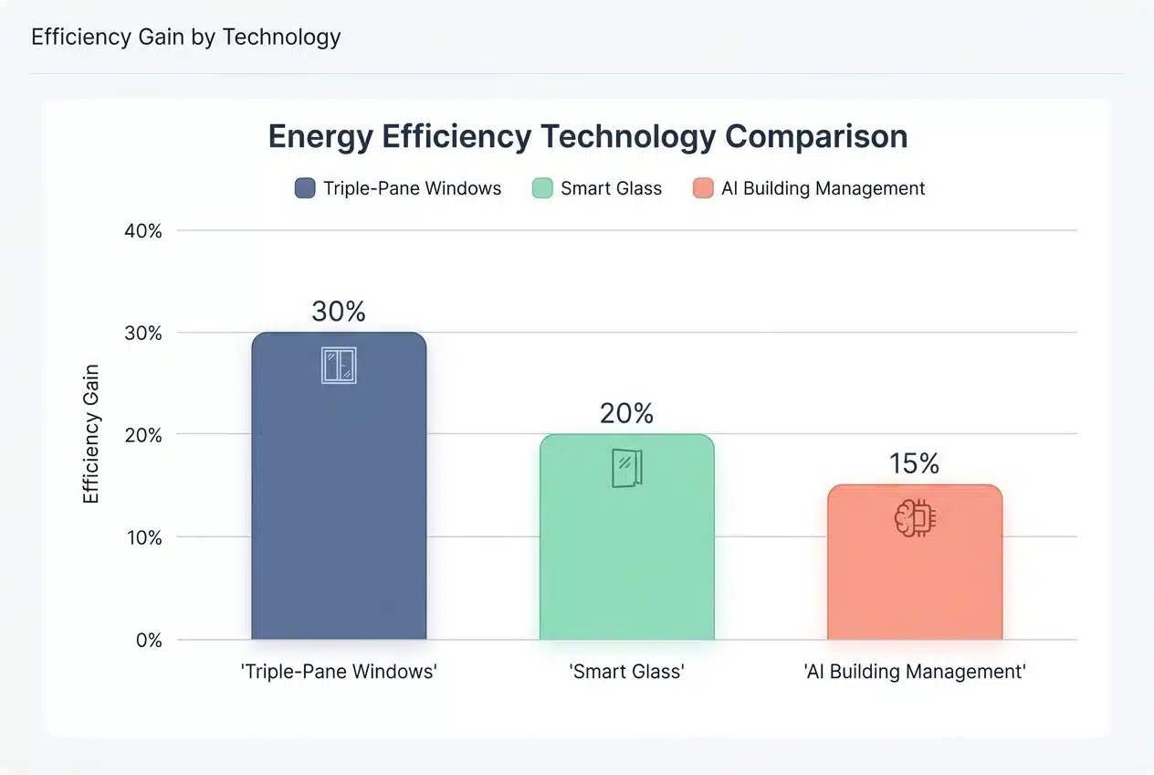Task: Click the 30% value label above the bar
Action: click(339, 312)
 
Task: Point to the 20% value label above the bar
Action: click(626, 414)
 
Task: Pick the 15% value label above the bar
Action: click(915, 464)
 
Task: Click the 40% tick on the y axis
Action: click(142, 231)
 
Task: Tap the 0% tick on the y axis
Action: click(148, 640)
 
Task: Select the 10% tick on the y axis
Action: click(142, 537)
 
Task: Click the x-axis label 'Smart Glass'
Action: click(626, 672)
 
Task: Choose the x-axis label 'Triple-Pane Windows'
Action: click(339, 672)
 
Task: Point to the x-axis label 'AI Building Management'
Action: click(915, 672)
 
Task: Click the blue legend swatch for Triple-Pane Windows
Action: click(305, 188)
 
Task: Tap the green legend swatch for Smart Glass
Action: click(542, 188)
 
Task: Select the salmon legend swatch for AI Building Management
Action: click(703, 188)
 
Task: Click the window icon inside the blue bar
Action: click(339, 365)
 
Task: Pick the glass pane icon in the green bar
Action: click(626, 468)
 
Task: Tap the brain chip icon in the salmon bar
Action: click(915, 518)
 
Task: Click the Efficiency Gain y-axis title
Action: click(91, 434)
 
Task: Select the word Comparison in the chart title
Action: click(816, 136)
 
